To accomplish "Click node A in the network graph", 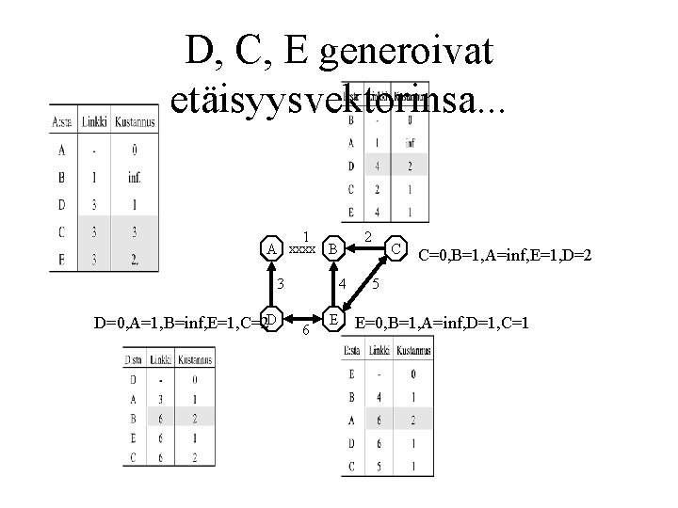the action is [x=271, y=249].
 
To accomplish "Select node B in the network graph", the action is [x=331, y=249].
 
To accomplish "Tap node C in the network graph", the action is [x=398, y=249].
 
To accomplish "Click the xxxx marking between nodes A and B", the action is [x=301, y=251].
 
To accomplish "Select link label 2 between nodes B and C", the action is [x=368, y=236].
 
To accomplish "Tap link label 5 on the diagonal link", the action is [x=375, y=283].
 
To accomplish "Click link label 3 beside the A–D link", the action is [x=280, y=283].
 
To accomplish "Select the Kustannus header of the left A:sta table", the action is [x=135, y=121].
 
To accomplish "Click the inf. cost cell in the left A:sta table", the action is [x=135, y=176].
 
